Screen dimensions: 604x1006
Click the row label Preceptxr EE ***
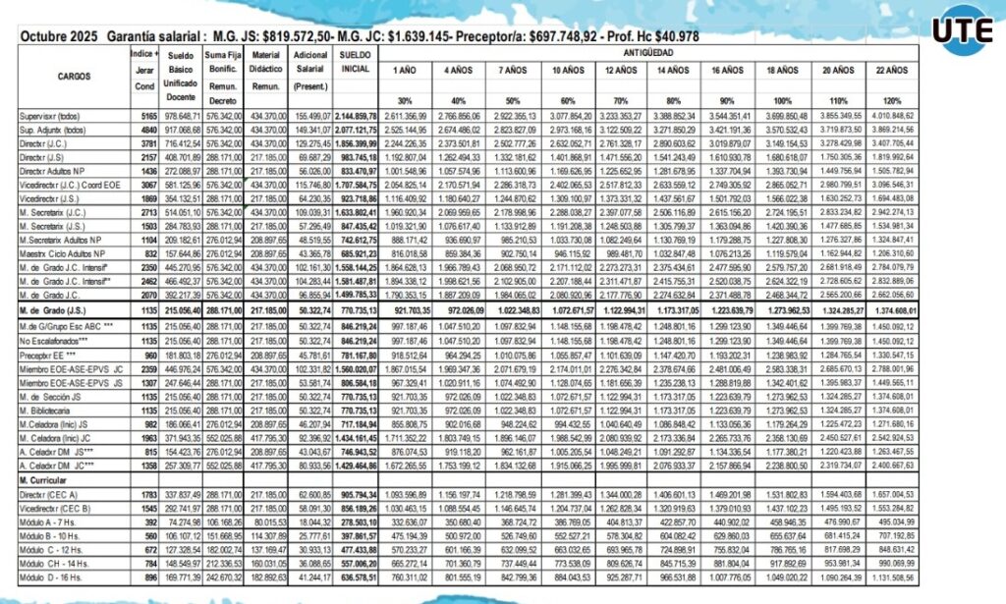click(49, 356)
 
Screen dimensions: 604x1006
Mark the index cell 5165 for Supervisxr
click(143, 116)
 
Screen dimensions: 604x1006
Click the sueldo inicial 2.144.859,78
click(356, 116)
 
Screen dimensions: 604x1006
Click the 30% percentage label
click(403, 101)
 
